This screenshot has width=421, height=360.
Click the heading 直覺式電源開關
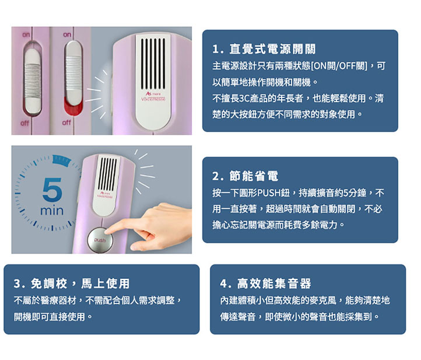tap(272, 49)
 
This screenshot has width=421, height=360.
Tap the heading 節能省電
tap(254, 176)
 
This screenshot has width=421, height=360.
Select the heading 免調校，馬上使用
tap(80, 284)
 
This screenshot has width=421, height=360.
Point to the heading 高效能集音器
tap(274, 284)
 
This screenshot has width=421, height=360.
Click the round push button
tap(100, 240)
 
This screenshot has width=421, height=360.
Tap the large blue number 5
tap(52, 190)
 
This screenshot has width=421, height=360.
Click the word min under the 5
tap(52, 211)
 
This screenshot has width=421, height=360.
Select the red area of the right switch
tap(73, 107)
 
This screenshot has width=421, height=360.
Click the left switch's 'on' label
tap(26, 34)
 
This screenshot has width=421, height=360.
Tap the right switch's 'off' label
tap(66, 123)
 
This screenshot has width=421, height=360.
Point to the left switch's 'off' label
tap(24, 123)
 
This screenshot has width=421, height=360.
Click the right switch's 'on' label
tap(67, 34)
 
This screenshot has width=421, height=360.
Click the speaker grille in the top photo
tap(153, 64)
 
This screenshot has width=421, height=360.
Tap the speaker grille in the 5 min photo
tap(107, 174)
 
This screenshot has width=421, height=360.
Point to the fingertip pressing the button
tap(108, 231)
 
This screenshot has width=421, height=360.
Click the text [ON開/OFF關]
tap(339, 66)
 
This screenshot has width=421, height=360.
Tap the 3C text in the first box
tap(244, 99)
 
